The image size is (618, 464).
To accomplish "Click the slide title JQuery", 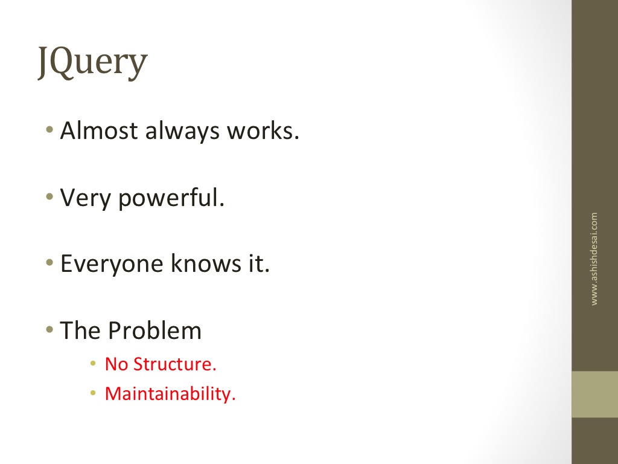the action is point(92,63).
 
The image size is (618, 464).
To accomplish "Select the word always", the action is point(182,132).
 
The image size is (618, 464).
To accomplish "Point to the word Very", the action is point(85,198).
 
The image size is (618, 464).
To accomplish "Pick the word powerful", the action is point(171,198).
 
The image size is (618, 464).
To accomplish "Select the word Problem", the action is point(154,330).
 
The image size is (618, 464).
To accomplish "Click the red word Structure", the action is point(175,364).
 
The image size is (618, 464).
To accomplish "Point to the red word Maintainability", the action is point(170,394).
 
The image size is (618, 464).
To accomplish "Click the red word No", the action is point(116,364).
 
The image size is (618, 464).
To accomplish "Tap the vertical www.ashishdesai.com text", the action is point(594,259).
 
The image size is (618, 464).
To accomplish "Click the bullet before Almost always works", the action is point(49,129).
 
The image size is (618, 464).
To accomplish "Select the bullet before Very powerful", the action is point(49,196).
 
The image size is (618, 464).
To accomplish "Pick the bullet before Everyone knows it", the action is point(49,262).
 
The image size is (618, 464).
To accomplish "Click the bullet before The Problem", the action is point(49,329).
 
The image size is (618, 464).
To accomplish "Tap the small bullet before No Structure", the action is point(93,363).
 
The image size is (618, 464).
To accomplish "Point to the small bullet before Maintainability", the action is point(93,393).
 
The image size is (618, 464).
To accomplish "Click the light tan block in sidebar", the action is point(594,394).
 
